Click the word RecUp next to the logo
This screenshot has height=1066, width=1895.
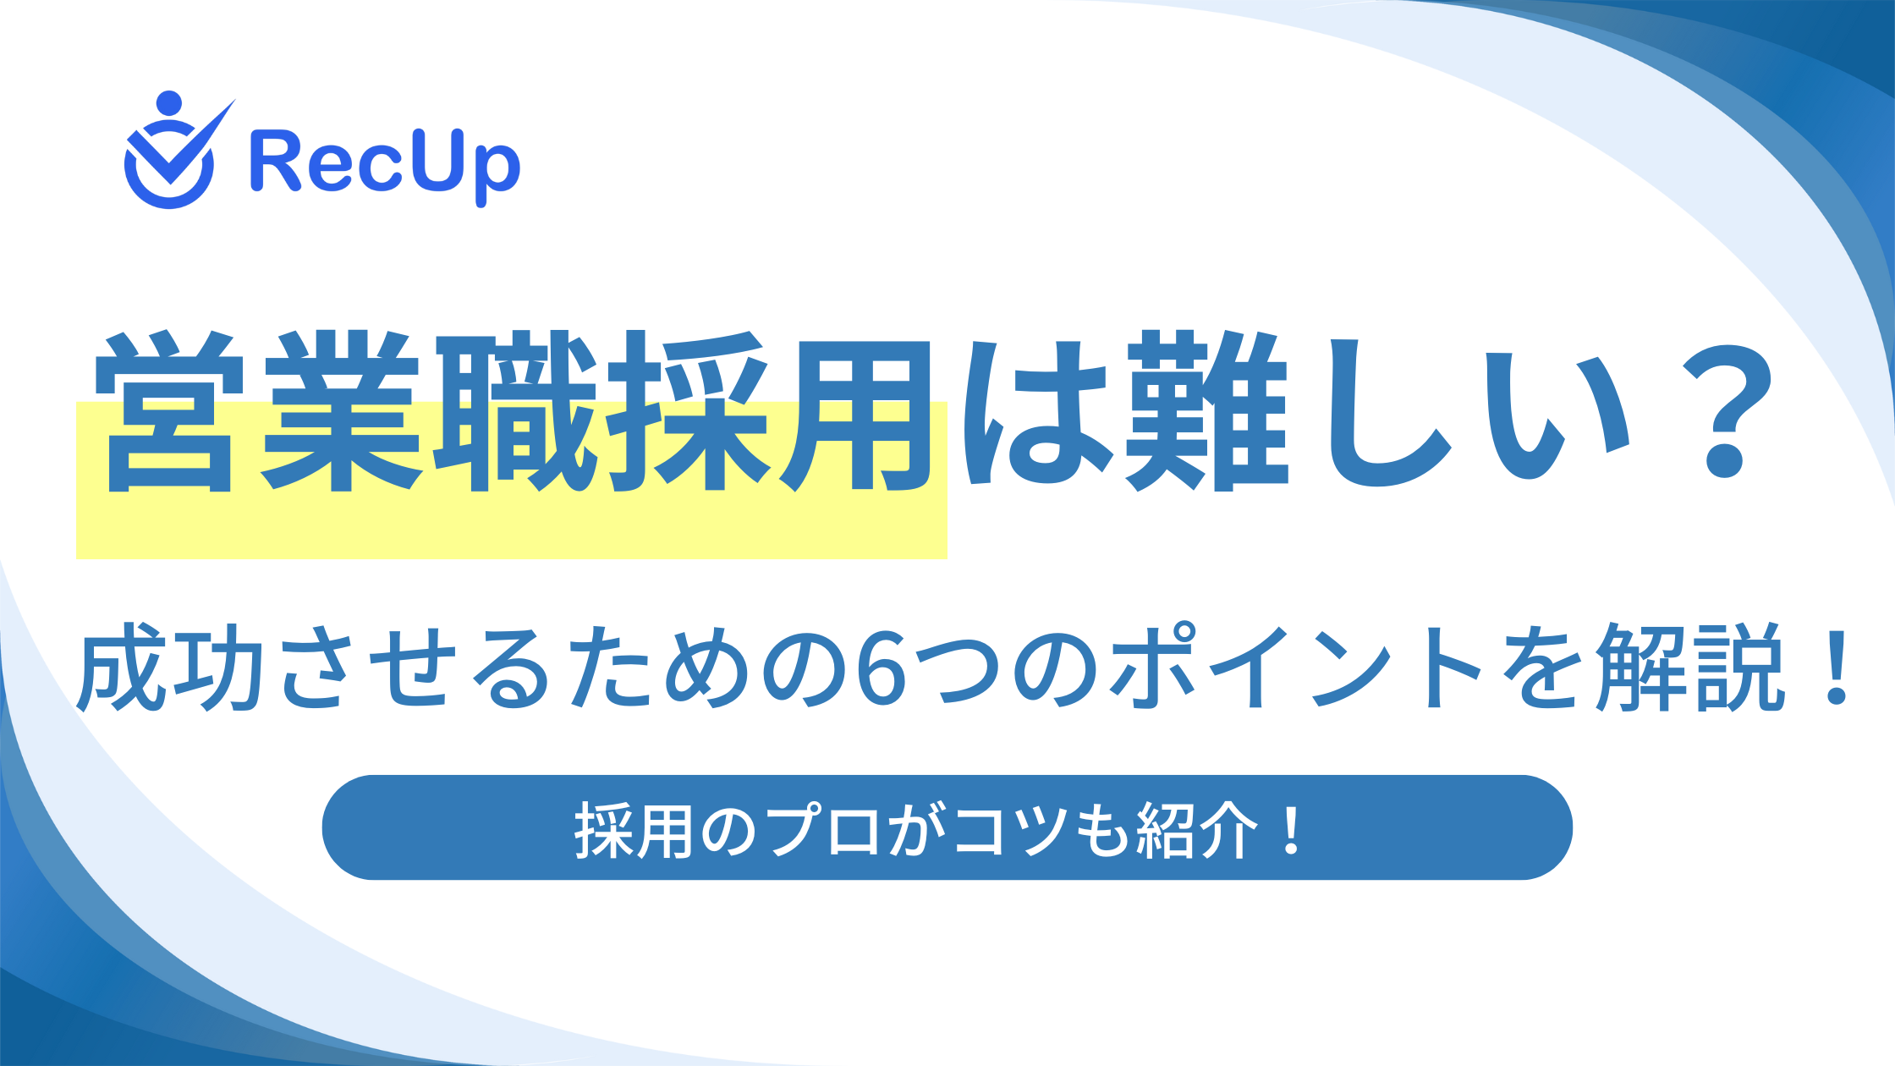[x=385, y=166]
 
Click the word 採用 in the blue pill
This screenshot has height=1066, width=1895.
[x=634, y=830]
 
